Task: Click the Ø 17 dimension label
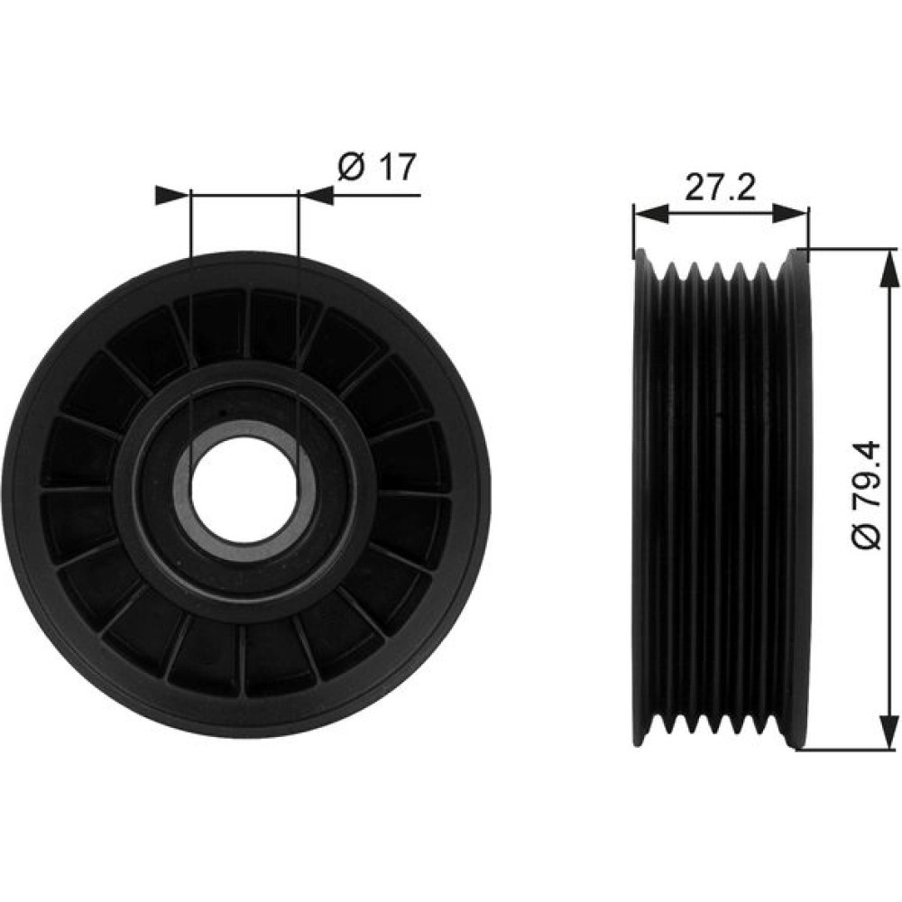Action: (x=377, y=168)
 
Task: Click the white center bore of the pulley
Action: (x=245, y=492)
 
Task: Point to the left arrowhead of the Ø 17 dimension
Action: (x=172, y=196)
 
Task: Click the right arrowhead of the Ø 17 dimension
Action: (x=316, y=196)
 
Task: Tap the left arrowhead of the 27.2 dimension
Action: (x=650, y=214)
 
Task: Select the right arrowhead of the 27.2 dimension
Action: (x=792, y=214)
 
